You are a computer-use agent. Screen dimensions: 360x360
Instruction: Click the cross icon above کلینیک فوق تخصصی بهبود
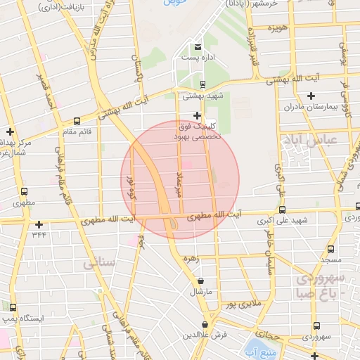(x=198, y=115)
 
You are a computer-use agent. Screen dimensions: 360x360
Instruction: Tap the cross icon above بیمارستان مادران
(x=311, y=96)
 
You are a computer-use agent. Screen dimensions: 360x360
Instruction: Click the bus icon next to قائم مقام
(x=77, y=121)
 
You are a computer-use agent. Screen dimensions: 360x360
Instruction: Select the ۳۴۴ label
(x=39, y=234)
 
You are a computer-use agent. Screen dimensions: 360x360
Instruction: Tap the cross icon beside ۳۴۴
(x=39, y=224)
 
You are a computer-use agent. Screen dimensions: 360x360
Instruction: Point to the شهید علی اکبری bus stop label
(x=283, y=220)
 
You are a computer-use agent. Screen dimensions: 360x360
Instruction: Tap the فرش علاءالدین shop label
(x=203, y=335)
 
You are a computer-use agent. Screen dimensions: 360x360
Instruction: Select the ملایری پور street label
(x=243, y=304)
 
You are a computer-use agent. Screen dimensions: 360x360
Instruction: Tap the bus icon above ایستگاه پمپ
(x=13, y=307)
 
